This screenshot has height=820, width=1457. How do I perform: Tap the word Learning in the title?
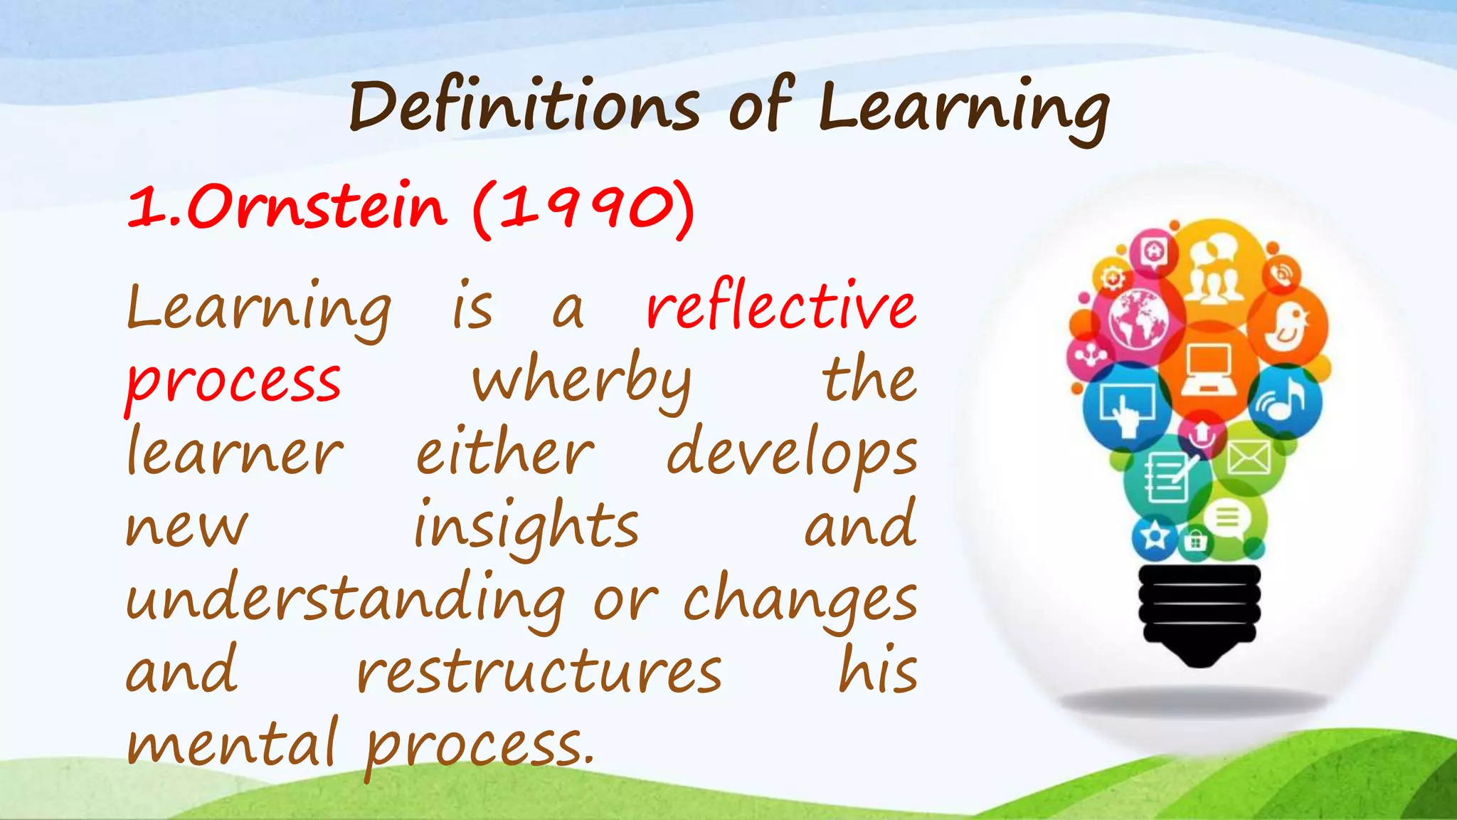tap(963, 110)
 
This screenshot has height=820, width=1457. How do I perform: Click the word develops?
tap(792, 456)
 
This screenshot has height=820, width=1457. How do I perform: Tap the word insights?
tap(526, 527)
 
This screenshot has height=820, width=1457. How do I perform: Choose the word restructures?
tap(539, 673)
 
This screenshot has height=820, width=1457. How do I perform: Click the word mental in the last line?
tap(232, 745)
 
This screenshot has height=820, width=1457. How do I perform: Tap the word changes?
tap(800, 601)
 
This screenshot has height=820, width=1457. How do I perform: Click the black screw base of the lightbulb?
tap(1199, 612)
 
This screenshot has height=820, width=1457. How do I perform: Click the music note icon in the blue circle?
tap(1283, 401)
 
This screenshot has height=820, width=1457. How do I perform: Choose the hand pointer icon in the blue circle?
tap(1126, 409)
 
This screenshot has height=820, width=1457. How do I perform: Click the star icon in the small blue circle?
tap(1154, 535)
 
